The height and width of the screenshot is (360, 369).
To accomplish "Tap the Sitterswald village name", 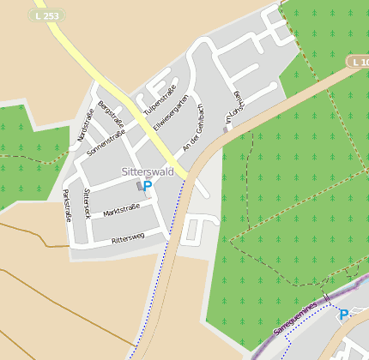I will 147,171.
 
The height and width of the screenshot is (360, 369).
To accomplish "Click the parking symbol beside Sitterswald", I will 148,185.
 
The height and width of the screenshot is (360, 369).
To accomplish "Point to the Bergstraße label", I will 106,111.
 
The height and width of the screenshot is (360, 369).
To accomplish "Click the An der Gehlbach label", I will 191,129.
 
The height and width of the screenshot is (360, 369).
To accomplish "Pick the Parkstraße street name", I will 66,205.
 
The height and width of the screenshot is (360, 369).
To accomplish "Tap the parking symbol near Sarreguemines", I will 343,315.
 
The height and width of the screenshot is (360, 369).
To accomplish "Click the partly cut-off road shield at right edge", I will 359,63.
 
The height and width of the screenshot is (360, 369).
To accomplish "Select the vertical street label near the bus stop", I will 230,107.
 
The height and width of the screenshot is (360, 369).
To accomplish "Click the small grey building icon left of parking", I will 140,185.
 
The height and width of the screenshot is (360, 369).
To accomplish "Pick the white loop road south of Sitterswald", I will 196,230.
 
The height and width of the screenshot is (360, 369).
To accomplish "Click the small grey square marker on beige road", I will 226,129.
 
